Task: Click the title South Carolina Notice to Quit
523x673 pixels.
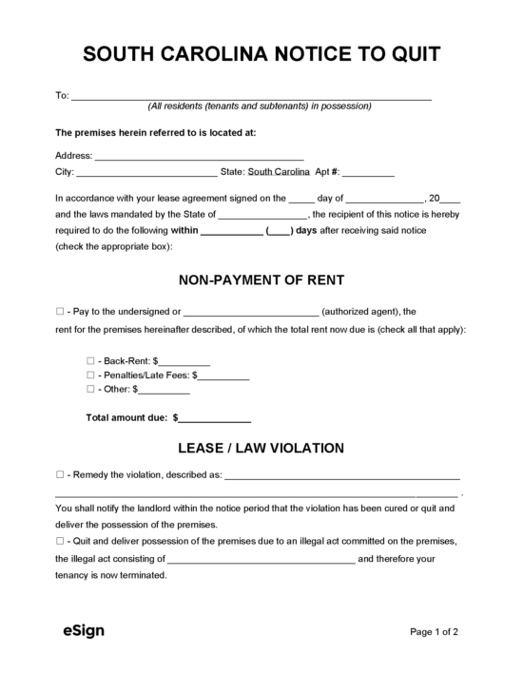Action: tap(261, 54)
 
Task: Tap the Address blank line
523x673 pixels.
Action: tap(199, 156)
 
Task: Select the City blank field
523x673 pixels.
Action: tap(145, 173)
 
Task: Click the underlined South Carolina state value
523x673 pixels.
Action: tap(279, 172)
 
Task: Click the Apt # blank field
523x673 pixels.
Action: tap(367, 173)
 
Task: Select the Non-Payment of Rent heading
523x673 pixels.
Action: tap(261, 280)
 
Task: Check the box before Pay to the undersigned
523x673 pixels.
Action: tap(60, 311)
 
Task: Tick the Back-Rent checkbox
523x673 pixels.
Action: tap(91, 362)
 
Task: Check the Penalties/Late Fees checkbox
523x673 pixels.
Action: tap(91, 375)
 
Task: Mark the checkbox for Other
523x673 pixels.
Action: tap(91, 389)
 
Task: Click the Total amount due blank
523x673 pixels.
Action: tap(215, 417)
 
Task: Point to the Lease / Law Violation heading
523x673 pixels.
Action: tap(261, 448)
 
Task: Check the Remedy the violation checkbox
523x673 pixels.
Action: tap(60, 474)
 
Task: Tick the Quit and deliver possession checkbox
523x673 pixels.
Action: tap(60, 541)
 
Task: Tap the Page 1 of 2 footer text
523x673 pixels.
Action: tap(435, 630)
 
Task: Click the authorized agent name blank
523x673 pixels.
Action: tap(250, 312)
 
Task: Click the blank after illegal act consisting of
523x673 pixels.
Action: tap(261, 560)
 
